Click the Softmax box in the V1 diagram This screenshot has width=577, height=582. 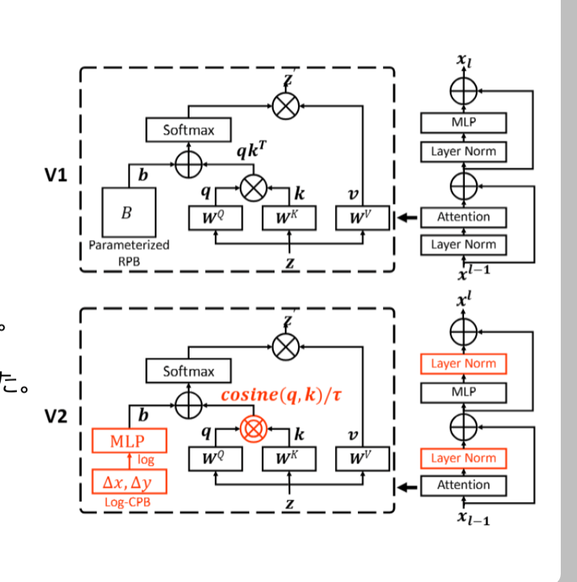click(188, 130)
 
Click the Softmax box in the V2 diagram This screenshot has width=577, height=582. click(188, 372)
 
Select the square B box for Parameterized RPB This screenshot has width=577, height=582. click(128, 213)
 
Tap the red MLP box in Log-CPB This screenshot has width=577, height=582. click(129, 442)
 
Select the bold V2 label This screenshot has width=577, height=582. click(55, 417)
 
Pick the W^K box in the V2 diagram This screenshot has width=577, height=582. click(289, 458)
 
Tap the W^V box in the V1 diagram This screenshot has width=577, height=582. click(362, 217)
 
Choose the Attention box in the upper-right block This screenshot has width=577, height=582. click(463, 217)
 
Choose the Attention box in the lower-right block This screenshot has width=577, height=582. click(463, 485)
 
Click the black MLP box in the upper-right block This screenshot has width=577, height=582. click(463, 123)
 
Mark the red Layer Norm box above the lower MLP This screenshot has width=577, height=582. click(463, 363)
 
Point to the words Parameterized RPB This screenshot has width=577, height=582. click(129, 252)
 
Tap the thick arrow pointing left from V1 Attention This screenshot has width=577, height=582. click(407, 217)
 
